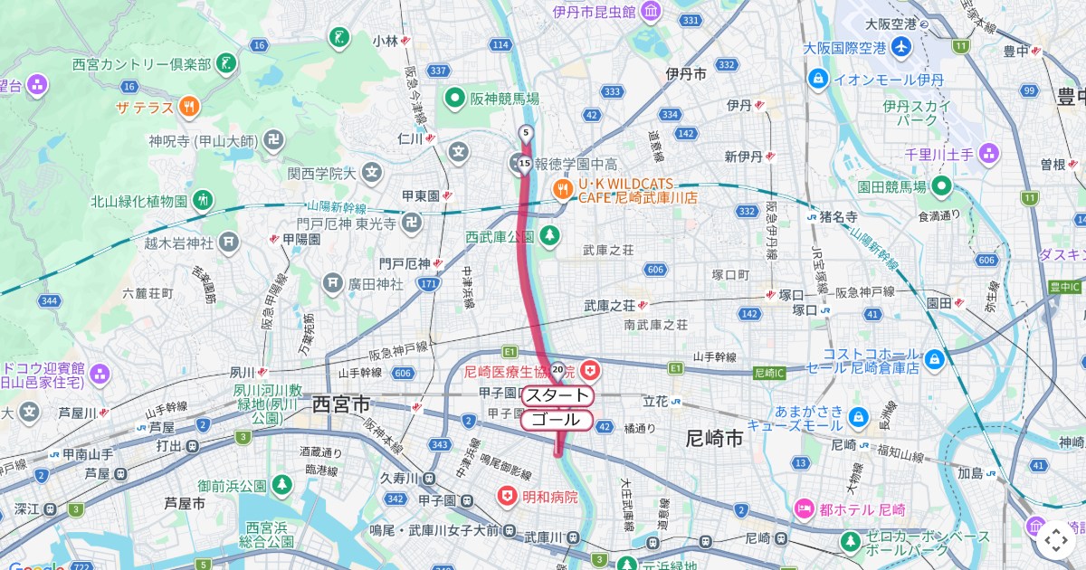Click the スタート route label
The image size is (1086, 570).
click(557, 395)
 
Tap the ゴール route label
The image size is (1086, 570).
click(557, 420)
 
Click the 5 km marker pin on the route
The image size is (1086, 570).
click(525, 134)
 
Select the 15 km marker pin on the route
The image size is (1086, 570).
click(525, 164)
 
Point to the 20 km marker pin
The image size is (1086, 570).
click(558, 369)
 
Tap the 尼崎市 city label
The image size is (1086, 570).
click(715, 439)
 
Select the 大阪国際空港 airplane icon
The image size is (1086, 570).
click(900, 47)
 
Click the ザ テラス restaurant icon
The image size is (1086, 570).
click(188, 107)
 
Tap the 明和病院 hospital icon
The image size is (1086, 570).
click(509, 497)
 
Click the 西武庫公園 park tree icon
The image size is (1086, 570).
click(548, 236)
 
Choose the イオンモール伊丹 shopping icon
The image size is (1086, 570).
click(818, 79)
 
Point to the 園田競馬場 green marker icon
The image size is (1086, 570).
click(941, 186)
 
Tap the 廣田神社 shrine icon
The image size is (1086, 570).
click(333, 284)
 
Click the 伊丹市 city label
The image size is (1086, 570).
click(685, 74)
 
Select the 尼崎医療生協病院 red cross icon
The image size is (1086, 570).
click(590, 370)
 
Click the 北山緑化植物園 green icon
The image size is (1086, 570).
click(202, 200)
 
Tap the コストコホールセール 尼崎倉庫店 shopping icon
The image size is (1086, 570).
click(935, 360)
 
